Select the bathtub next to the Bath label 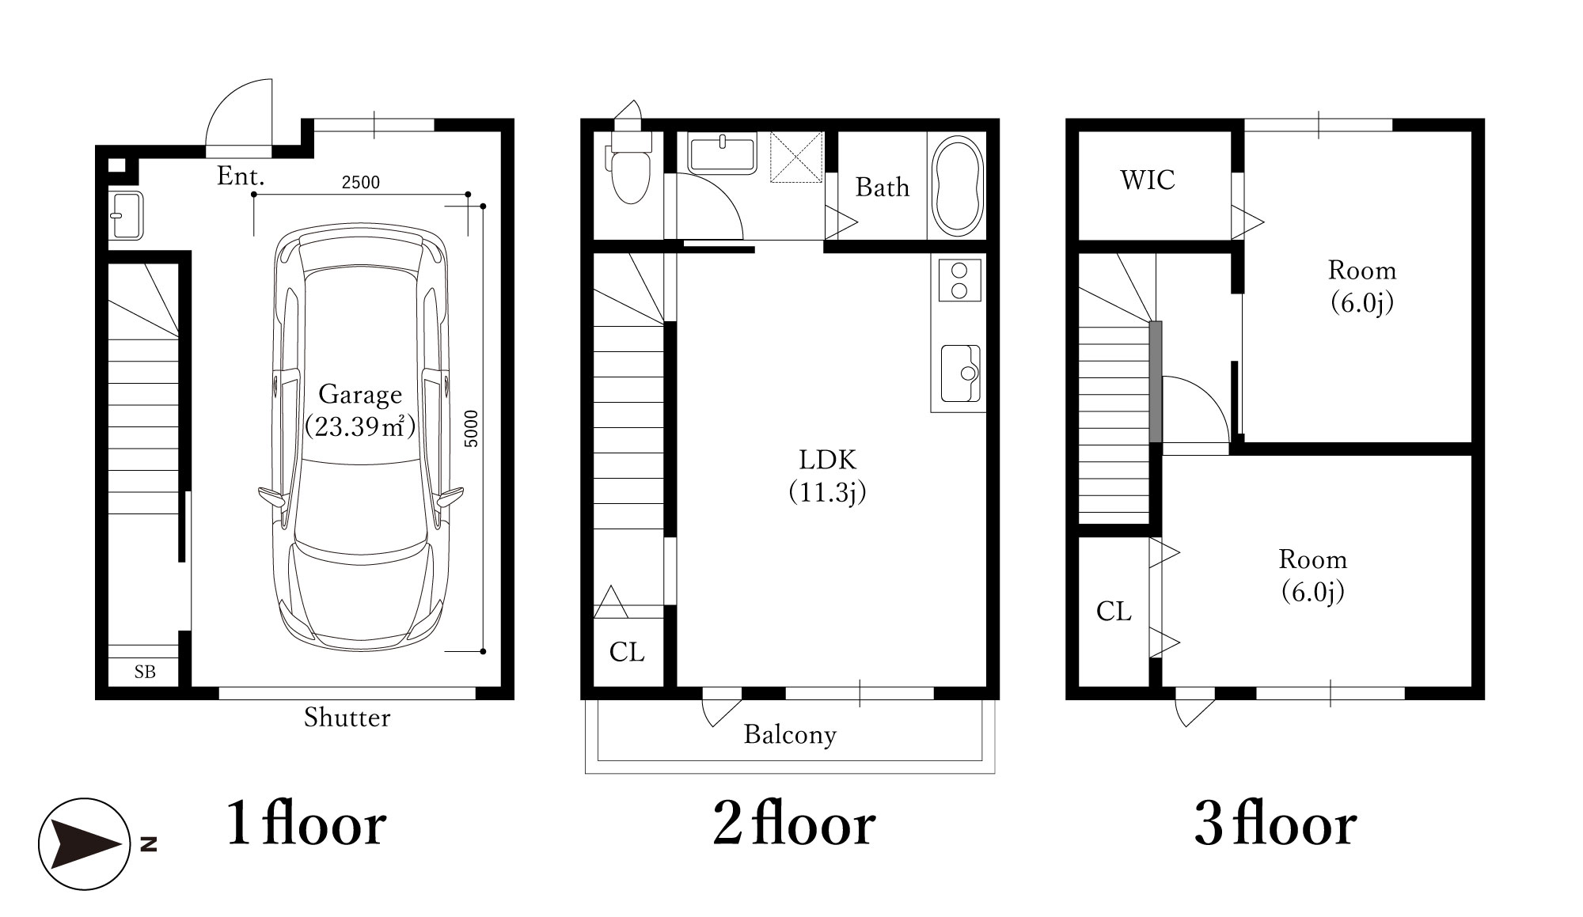958,186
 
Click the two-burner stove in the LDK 959,279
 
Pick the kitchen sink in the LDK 960,373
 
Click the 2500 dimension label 360,183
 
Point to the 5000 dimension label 472,428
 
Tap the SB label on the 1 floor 145,672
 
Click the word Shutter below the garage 347,718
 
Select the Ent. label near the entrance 241,176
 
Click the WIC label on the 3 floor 1148,180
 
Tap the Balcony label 790,735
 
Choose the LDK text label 827,459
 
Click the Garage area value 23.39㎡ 360,426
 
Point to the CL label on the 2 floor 627,652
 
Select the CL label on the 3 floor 1114,611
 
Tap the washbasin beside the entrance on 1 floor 126,214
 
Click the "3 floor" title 1275,825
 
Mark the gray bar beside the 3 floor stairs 1156,381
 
